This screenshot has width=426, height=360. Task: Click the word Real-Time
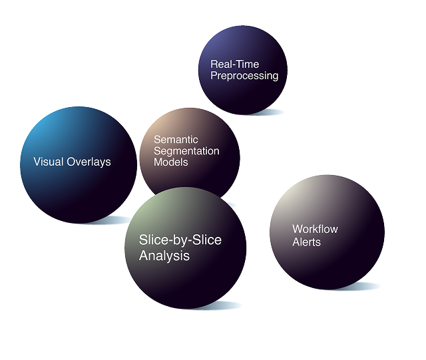[x=235, y=65]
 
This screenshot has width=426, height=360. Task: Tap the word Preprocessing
[x=244, y=76]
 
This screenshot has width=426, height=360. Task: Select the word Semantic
[x=176, y=140]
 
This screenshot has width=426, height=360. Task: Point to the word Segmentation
[x=186, y=151]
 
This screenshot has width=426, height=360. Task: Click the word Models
[x=171, y=162]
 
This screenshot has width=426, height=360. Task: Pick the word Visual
[x=49, y=162]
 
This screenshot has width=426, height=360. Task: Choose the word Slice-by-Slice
[x=180, y=241]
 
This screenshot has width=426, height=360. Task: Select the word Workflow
[x=315, y=230]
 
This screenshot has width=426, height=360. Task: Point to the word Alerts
[x=306, y=242]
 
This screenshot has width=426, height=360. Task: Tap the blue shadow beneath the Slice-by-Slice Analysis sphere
[x=220, y=305]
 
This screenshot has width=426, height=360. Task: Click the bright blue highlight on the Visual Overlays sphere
[x=41, y=130]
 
